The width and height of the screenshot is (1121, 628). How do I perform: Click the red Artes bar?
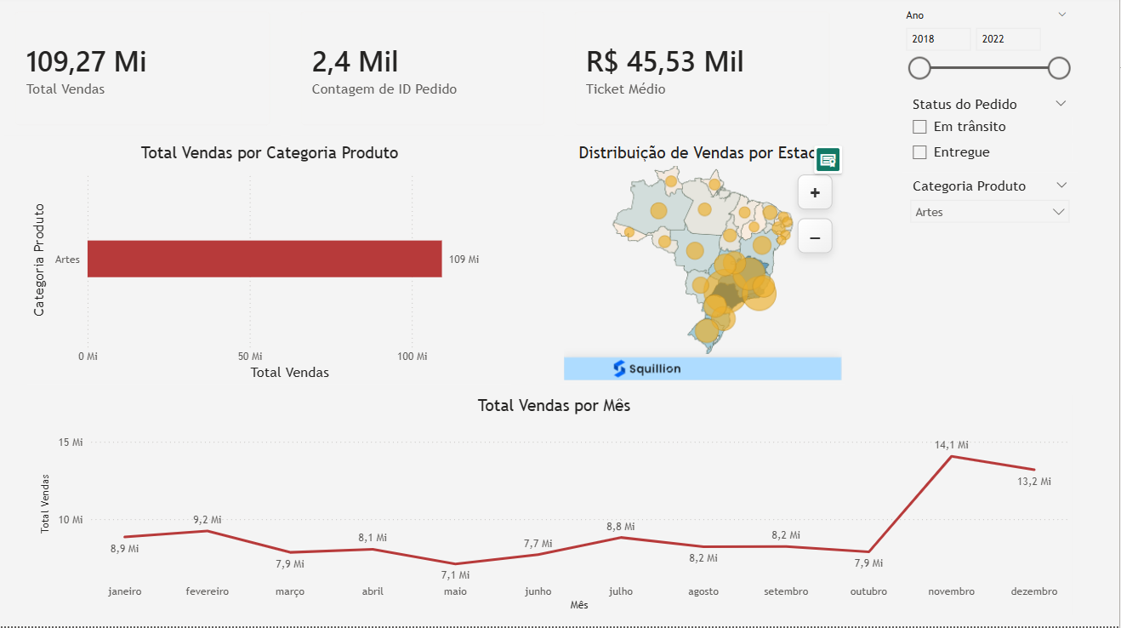(265, 259)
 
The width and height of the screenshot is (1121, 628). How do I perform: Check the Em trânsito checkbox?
(919, 127)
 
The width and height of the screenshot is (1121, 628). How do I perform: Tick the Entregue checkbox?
(919, 152)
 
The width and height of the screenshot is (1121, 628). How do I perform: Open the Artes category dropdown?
(990, 212)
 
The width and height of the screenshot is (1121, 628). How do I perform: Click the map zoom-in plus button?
(815, 193)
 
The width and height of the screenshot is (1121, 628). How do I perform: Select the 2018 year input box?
(938, 39)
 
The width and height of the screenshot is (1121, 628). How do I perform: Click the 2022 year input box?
(1008, 39)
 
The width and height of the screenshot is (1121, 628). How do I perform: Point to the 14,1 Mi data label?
(952, 444)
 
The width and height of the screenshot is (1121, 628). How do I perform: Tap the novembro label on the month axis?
(951, 591)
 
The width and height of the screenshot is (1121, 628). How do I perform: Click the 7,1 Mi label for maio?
(455, 575)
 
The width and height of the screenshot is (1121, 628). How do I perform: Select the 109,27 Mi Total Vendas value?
(86, 62)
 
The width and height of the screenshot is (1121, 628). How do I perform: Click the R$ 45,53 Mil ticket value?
(664, 62)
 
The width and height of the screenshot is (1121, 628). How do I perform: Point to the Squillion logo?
(646, 368)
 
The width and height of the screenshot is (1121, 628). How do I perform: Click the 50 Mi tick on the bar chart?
(250, 356)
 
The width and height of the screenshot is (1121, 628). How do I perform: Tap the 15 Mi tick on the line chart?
(71, 442)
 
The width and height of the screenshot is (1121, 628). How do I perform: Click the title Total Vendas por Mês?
(554, 406)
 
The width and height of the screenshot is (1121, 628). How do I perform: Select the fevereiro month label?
(207, 591)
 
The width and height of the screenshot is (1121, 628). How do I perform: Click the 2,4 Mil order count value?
(355, 62)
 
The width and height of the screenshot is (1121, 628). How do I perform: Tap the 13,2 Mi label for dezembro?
(1034, 482)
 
